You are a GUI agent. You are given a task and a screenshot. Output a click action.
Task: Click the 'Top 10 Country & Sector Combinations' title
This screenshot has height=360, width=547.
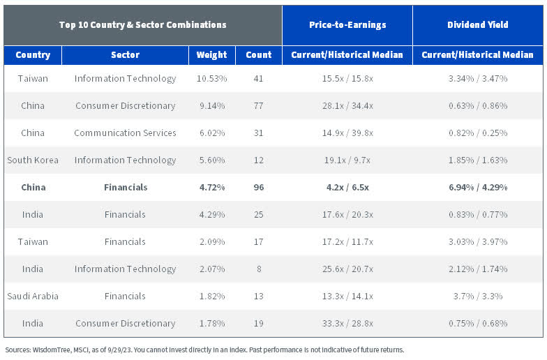[x=142, y=25]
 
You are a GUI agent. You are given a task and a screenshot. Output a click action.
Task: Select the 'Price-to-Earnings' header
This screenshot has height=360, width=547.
[x=347, y=25]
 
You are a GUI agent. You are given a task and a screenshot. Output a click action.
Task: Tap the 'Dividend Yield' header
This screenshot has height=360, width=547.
[x=478, y=25]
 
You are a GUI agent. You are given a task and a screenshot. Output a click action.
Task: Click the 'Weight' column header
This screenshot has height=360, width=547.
[x=211, y=55]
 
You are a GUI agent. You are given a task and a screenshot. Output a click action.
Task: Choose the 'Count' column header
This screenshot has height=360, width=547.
[x=258, y=55]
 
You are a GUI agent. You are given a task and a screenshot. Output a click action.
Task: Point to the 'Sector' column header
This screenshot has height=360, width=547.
[x=125, y=55]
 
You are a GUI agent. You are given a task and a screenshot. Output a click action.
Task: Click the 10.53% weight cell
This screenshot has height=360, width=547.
[x=211, y=78]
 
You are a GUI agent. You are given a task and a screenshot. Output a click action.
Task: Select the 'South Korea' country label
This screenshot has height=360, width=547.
[x=33, y=160]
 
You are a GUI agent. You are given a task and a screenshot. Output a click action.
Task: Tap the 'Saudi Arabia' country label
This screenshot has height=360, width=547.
[x=33, y=296]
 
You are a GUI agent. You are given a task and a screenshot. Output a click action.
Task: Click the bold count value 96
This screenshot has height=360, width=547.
[x=258, y=187]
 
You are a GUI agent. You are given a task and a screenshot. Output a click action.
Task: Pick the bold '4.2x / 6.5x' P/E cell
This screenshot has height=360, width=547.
[x=347, y=187]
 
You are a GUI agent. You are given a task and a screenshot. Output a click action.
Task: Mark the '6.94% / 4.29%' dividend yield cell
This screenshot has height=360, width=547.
[x=478, y=187]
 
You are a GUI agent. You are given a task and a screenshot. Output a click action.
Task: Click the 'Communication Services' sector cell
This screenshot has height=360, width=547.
[x=125, y=133]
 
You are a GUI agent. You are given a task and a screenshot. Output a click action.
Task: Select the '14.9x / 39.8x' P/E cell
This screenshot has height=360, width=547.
[x=347, y=133]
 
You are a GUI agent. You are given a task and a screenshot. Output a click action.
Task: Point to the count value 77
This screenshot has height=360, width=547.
[x=258, y=105]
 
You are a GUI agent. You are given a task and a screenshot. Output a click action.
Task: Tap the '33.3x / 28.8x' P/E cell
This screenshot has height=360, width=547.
[x=347, y=323]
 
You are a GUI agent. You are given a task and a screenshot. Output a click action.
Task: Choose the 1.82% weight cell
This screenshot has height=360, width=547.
[x=211, y=296]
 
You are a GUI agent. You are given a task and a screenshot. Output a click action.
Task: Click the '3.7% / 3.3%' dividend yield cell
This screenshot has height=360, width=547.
[x=478, y=296]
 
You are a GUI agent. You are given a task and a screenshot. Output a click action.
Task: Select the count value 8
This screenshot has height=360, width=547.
[x=258, y=269]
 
